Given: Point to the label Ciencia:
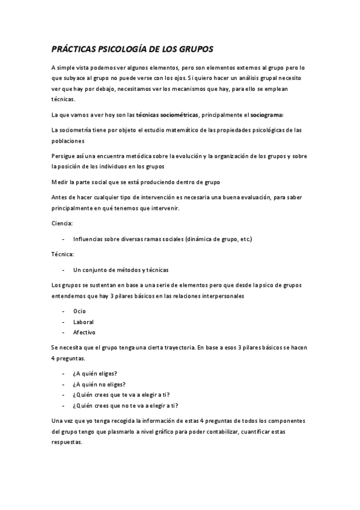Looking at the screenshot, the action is [x=62, y=223].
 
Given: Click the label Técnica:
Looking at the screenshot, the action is [x=63, y=254].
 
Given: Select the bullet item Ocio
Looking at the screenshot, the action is [x=79, y=312].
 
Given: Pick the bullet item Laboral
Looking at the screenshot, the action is [x=83, y=322].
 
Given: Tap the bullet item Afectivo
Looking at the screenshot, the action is [x=84, y=332].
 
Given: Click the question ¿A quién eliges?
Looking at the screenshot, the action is [x=94, y=373].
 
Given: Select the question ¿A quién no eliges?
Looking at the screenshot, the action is [x=99, y=384].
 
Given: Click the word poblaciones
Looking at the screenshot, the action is [x=68, y=140].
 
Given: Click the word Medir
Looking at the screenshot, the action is [x=60, y=182].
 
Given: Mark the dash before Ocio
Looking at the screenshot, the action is [x=63, y=312].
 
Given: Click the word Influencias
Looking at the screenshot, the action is [x=90, y=239].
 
